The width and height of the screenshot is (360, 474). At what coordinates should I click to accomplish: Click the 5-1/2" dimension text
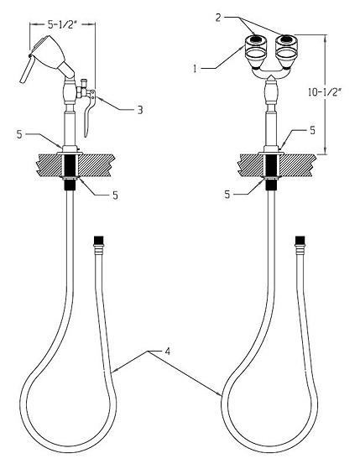point(60,24)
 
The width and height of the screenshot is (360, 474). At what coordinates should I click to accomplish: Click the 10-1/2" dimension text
point(325,92)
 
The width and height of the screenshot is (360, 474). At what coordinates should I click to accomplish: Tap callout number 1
point(196,69)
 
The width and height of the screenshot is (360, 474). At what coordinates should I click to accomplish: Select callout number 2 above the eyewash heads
point(218,18)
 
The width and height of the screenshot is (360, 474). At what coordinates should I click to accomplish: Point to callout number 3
point(140,110)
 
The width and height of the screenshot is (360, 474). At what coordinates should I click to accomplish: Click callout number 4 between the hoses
point(168,352)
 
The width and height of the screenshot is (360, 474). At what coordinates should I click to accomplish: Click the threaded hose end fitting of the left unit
point(98,246)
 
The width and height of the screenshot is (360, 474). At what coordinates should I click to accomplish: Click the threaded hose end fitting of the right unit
point(300,246)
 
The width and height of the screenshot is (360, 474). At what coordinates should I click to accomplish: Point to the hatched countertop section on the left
point(75,165)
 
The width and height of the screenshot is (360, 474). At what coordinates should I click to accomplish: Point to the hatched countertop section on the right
point(276,165)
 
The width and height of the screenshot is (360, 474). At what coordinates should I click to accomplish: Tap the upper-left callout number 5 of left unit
point(19,134)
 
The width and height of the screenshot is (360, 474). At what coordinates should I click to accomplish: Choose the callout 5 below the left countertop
point(115,195)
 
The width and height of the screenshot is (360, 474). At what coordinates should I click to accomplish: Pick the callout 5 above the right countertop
point(312,130)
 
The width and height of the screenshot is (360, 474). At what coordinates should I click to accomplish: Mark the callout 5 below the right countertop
point(227,195)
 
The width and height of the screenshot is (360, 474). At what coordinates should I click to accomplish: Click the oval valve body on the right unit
point(270,93)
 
